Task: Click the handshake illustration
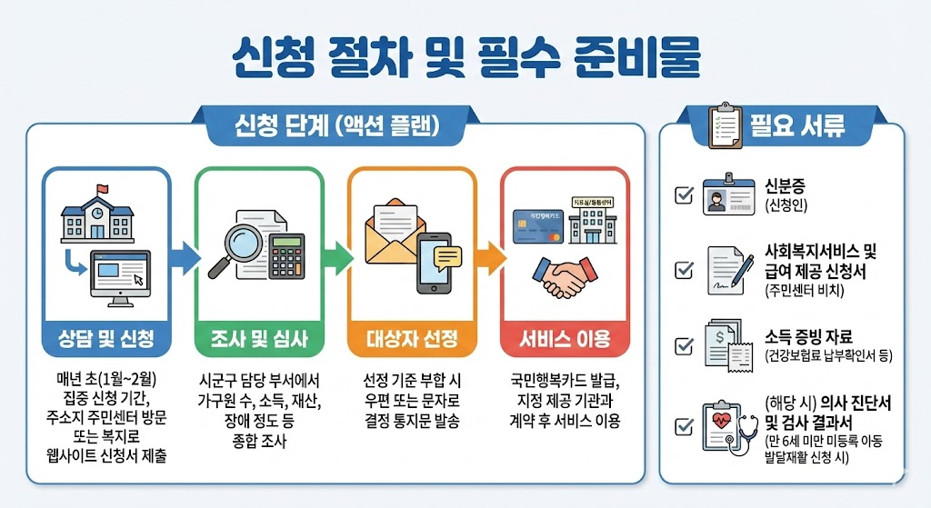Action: (561, 277)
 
